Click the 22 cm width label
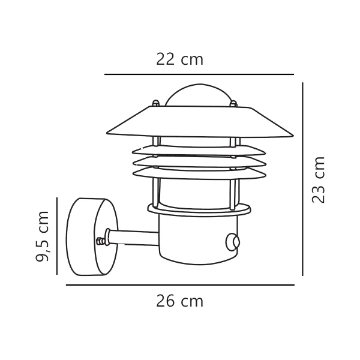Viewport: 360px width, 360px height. [x=179, y=59]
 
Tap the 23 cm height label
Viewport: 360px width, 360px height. [x=319, y=179]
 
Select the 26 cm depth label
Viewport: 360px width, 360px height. [x=179, y=301]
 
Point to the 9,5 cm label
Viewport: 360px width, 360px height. [x=43, y=236]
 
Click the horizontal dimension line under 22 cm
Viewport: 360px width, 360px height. [x=199, y=74]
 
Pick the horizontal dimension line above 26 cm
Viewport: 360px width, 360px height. [x=180, y=285]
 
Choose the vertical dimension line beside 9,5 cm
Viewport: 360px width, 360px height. [x=57, y=236]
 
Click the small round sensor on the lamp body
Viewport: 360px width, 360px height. [x=232, y=242]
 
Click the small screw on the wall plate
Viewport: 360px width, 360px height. [x=100, y=241]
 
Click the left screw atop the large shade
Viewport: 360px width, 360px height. [x=155, y=103]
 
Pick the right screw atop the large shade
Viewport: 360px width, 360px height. [x=233, y=103]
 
